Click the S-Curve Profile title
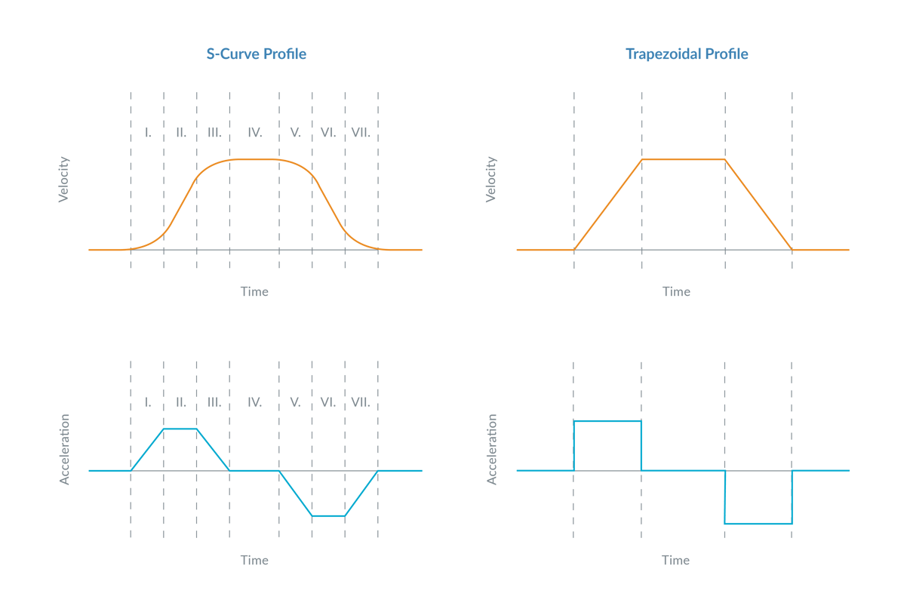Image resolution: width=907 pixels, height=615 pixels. click(x=257, y=54)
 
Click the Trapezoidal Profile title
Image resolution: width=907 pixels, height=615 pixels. click(x=687, y=54)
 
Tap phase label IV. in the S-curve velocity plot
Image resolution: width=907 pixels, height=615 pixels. click(x=255, y=132)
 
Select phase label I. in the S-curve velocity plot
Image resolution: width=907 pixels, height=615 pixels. click(x=148, y=132)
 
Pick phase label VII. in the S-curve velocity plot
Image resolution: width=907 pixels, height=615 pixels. click(x=361, y=132)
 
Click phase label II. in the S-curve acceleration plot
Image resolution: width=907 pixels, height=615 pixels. click(x=181, y=401)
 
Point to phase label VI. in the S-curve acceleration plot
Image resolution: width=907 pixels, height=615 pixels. click(x=327, y=401)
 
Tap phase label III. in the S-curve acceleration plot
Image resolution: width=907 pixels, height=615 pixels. click(x=214, y=401)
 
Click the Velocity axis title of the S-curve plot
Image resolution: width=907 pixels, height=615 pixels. click(x=64, y=180)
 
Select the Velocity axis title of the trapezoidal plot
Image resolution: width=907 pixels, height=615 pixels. click(x=492, y=180)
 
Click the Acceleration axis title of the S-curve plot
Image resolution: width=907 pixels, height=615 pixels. click(x=65, y=449)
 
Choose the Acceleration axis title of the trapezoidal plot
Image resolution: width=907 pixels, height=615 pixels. click(x=492, y=449)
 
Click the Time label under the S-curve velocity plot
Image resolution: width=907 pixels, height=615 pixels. click(x=254, y=291)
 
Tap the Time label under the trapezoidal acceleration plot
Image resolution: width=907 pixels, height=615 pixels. click(x=675, y=560)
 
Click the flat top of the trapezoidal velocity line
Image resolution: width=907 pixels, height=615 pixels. click(x=684, y=159)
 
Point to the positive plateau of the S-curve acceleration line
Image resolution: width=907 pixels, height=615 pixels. click(x=181, y=429)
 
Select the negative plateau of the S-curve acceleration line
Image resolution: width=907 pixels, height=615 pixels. click(x=328, y=515)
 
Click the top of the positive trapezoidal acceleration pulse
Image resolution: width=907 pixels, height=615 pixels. click(x=608, y=420)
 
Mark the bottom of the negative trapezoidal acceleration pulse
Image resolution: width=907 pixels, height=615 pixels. click(x=758, y=523)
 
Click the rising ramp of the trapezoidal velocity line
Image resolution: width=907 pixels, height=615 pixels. click(x=608, y=204)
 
